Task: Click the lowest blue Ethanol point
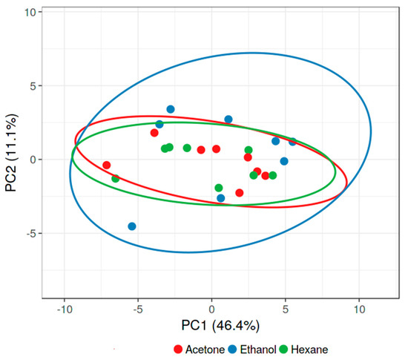132,226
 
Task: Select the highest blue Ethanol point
171,109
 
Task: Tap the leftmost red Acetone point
107,165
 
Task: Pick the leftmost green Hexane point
116,179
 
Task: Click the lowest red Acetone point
240,193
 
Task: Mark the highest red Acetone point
154,133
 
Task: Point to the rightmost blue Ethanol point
292,142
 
